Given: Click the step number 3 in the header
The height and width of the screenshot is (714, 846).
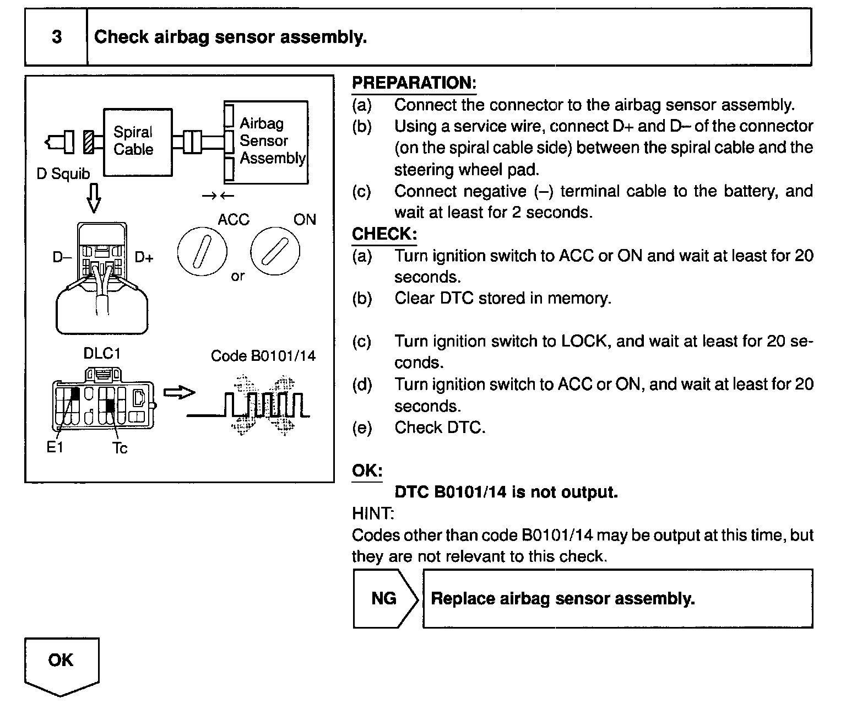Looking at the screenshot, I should point(56,37).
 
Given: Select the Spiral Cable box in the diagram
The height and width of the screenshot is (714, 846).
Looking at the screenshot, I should point(138,142).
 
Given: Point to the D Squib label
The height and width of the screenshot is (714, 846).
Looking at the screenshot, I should point(63,174).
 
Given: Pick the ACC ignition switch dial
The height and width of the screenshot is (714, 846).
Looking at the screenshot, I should point(202,252).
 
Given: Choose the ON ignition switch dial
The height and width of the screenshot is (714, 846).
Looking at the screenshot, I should point(275,252).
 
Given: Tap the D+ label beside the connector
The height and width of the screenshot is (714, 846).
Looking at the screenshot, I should point(144,257).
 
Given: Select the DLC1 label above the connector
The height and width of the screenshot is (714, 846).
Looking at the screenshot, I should point(102,353).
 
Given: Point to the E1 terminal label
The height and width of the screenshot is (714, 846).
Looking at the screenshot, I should point(55,447).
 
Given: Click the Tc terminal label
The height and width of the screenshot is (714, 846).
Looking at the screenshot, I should point(120,448).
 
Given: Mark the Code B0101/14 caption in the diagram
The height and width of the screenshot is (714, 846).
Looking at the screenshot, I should point(263,356).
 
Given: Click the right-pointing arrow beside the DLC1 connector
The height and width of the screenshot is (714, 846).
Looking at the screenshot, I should point(180,392).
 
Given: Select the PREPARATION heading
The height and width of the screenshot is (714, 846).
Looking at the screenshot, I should point(414,83).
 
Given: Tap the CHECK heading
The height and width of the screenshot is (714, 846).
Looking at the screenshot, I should point(384,234).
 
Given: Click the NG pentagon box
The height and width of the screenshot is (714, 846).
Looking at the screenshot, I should point(384,598).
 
